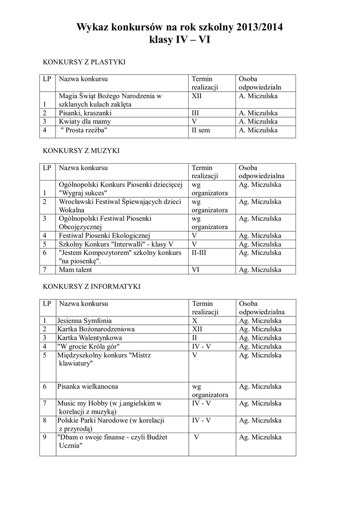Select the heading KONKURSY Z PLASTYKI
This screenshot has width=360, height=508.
84,62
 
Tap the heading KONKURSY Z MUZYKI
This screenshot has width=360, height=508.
81,150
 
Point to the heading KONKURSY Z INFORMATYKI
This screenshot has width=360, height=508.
91,286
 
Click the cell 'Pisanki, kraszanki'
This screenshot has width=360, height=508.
85,113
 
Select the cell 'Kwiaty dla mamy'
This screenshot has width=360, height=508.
84,122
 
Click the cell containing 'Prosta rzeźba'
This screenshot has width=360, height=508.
84,130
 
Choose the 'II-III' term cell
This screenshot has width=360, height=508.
200,253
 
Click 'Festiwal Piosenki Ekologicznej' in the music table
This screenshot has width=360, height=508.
104,236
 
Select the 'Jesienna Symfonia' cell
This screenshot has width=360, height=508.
84,320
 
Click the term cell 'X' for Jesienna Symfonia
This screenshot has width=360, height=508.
195,320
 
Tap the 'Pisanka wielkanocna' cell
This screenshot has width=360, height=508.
87,386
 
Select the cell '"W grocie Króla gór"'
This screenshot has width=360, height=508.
88,346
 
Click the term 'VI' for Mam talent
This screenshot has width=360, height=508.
196,270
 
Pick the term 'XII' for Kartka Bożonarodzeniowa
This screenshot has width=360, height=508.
197,329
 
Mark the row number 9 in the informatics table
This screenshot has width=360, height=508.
45,437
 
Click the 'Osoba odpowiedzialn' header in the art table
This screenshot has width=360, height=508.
258,83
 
